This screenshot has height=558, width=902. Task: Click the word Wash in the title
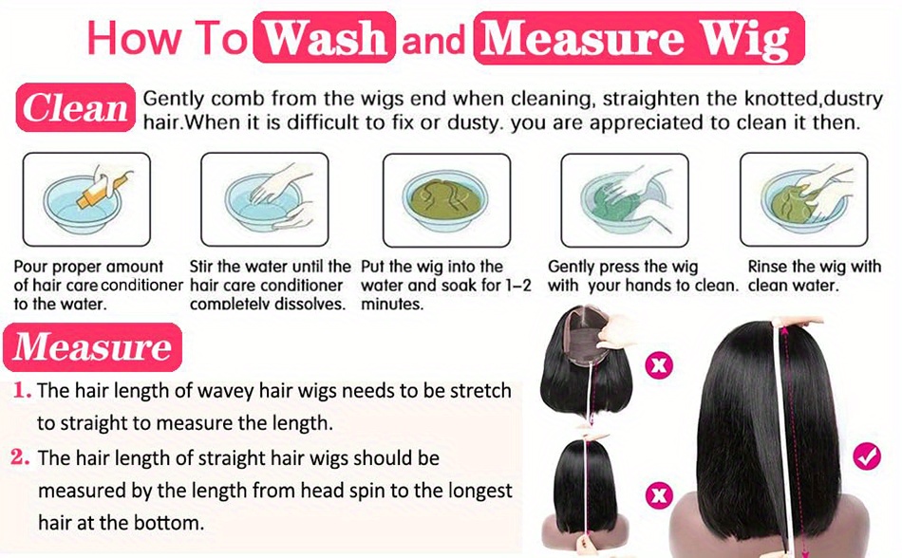[x=327, y=39]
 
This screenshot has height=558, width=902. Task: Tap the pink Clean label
[x=75, y=107]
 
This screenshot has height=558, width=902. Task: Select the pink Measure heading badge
[x=93, y=347]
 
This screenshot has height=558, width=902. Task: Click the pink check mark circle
[x=867, y=456]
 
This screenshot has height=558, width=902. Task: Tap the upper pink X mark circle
[x=659, y=365]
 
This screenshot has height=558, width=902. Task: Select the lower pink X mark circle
[x=659, y=494]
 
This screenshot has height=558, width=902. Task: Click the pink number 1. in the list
[x=22, y=391]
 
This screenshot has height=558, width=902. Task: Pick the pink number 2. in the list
[x=20, y=458]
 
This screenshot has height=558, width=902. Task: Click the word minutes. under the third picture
[x=392, y=304]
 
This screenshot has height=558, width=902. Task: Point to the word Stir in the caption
[x=201, y=266]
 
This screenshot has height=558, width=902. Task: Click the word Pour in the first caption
[x=30, y=267]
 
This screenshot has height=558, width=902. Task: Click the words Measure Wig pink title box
[x=639, y=38]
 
